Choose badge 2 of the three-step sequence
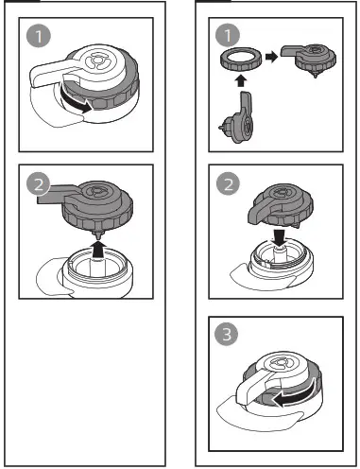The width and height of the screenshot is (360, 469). click(x=227, y=184)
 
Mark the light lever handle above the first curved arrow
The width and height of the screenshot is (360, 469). click(x=67, y=75)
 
